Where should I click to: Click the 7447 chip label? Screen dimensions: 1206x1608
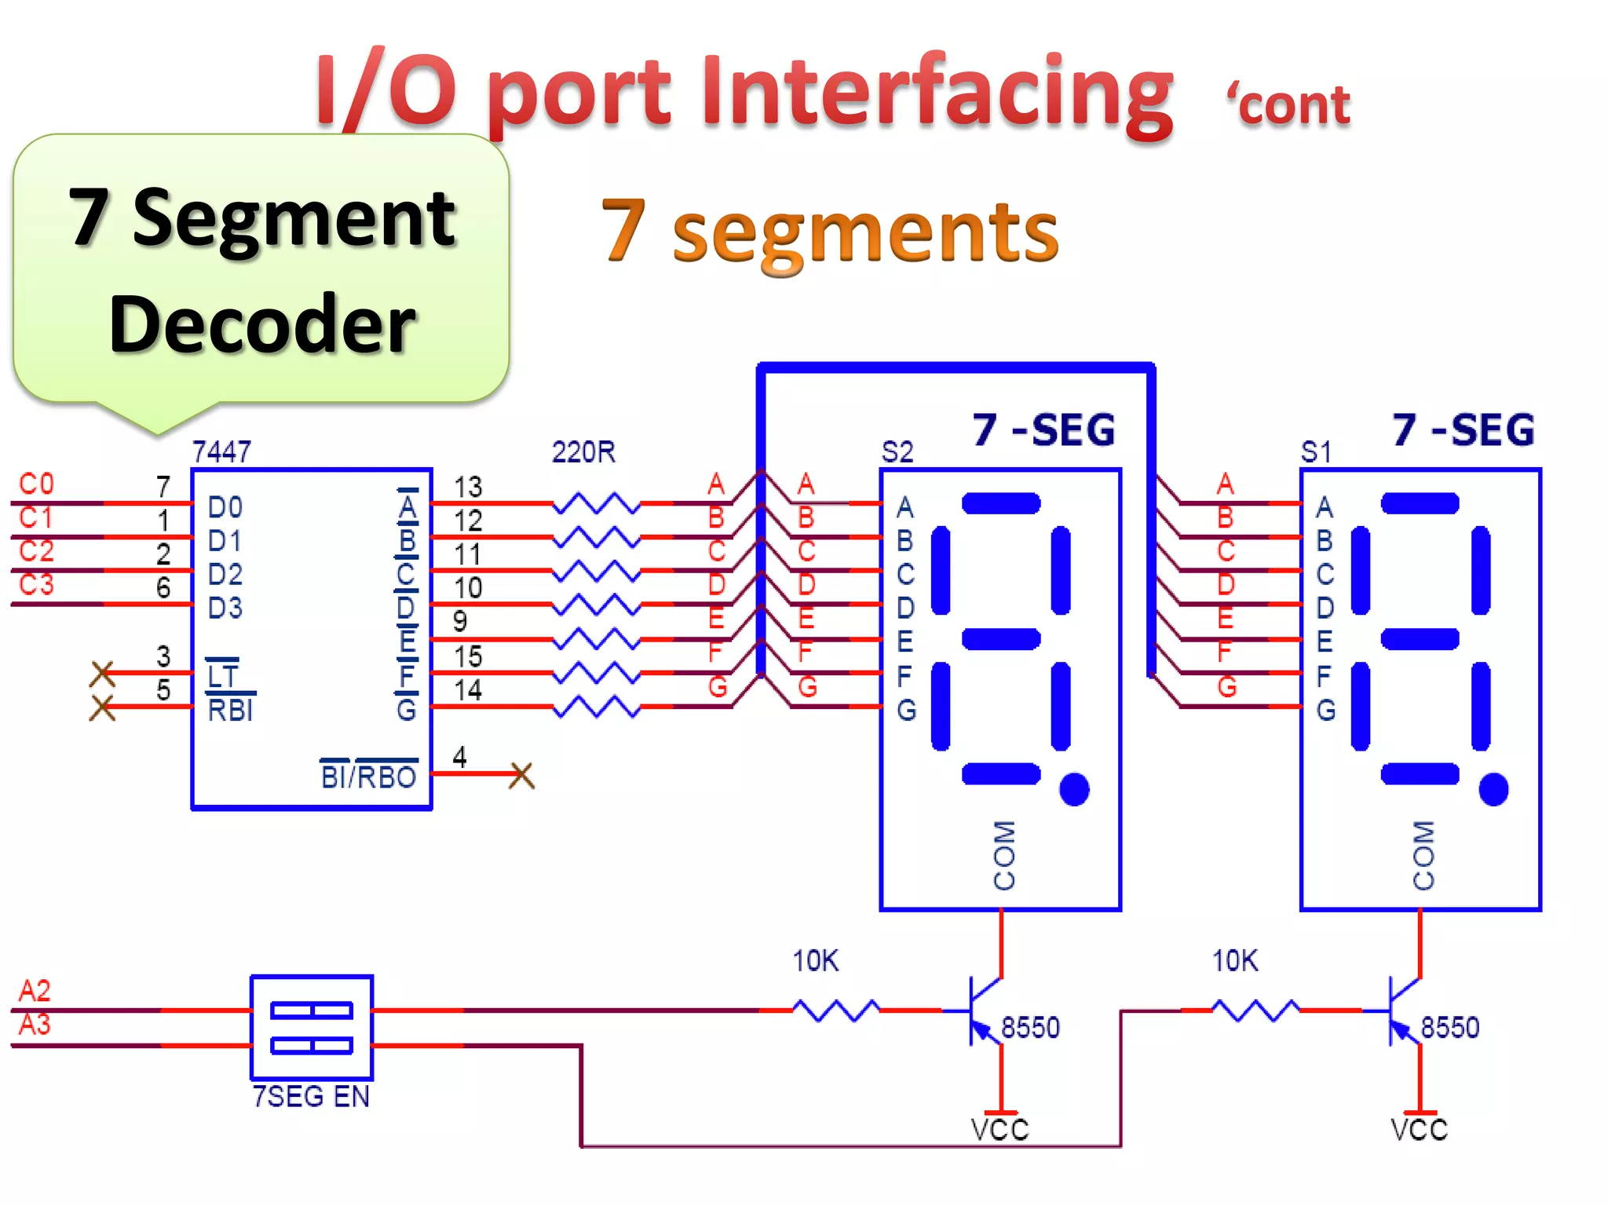click(221, 451)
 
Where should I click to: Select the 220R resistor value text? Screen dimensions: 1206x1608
click(583, 452)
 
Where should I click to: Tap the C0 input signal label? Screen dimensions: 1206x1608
click(36, 484)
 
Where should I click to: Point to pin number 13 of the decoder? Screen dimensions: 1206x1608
click(468, 487)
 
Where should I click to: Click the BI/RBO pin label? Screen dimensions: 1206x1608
click(368, 777)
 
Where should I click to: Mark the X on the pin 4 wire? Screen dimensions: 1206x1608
click(521, 775)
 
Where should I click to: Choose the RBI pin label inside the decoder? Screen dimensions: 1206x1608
click(230, 710)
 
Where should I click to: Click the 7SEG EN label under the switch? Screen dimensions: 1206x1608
click(311, 1096)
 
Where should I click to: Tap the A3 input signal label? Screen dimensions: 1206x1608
click(35, 1025)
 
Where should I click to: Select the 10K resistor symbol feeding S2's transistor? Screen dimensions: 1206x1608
click(835, 1010)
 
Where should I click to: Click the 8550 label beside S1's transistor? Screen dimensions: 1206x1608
click(1449, 1027)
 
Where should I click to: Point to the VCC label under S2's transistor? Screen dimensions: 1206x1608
click(1000, 1129)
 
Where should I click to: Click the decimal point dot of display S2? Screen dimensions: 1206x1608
click(1074, 788)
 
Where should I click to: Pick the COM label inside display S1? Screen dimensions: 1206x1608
click(1423, 855)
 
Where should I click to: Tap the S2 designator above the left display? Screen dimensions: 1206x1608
click(897, 452)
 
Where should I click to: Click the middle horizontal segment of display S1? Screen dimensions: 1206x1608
click(1420, 638)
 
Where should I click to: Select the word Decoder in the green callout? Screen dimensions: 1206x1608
click(262, 323)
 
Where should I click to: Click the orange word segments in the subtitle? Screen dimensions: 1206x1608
click(865, 232)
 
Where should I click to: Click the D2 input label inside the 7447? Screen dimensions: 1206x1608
click(225, 575)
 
